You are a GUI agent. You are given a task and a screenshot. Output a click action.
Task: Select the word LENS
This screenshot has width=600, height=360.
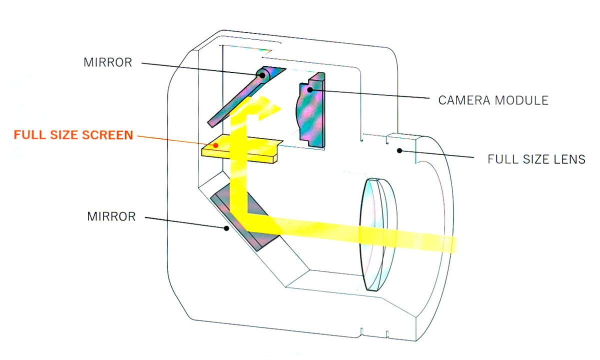pos(569,160)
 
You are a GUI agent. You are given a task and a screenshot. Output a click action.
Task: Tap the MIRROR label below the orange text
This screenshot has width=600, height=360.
pos(111,217)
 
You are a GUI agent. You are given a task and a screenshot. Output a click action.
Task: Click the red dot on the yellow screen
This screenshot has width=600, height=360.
pos(215,145)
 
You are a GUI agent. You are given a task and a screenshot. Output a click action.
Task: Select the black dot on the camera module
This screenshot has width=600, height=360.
pos(310,89)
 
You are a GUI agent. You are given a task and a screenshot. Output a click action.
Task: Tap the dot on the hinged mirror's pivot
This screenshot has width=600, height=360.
pos(262,75)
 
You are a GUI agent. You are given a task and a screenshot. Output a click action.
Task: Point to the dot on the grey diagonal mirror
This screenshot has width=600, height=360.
pos(226,228)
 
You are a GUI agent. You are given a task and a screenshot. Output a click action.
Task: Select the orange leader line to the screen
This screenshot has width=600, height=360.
pos(175,139)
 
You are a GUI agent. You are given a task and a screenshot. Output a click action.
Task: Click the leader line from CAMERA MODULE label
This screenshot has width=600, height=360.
pos(370,93)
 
